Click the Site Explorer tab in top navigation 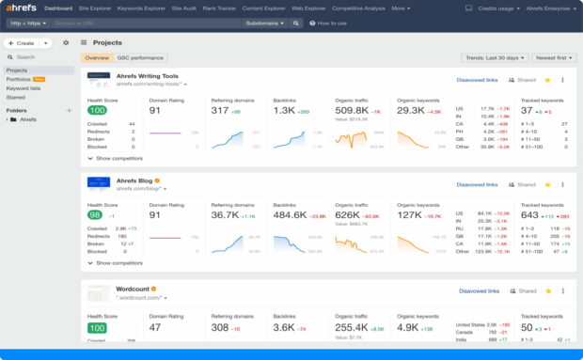coord(94,8)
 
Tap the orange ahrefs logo coord(22,8)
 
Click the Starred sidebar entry coord(15,96)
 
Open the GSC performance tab coord(139,57)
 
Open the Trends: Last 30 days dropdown coord(492,57)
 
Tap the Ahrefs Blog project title coord(134,180)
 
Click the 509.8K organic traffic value coord(353,110)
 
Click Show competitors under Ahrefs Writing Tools coord(118,158)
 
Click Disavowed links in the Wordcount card coord(478,291)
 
